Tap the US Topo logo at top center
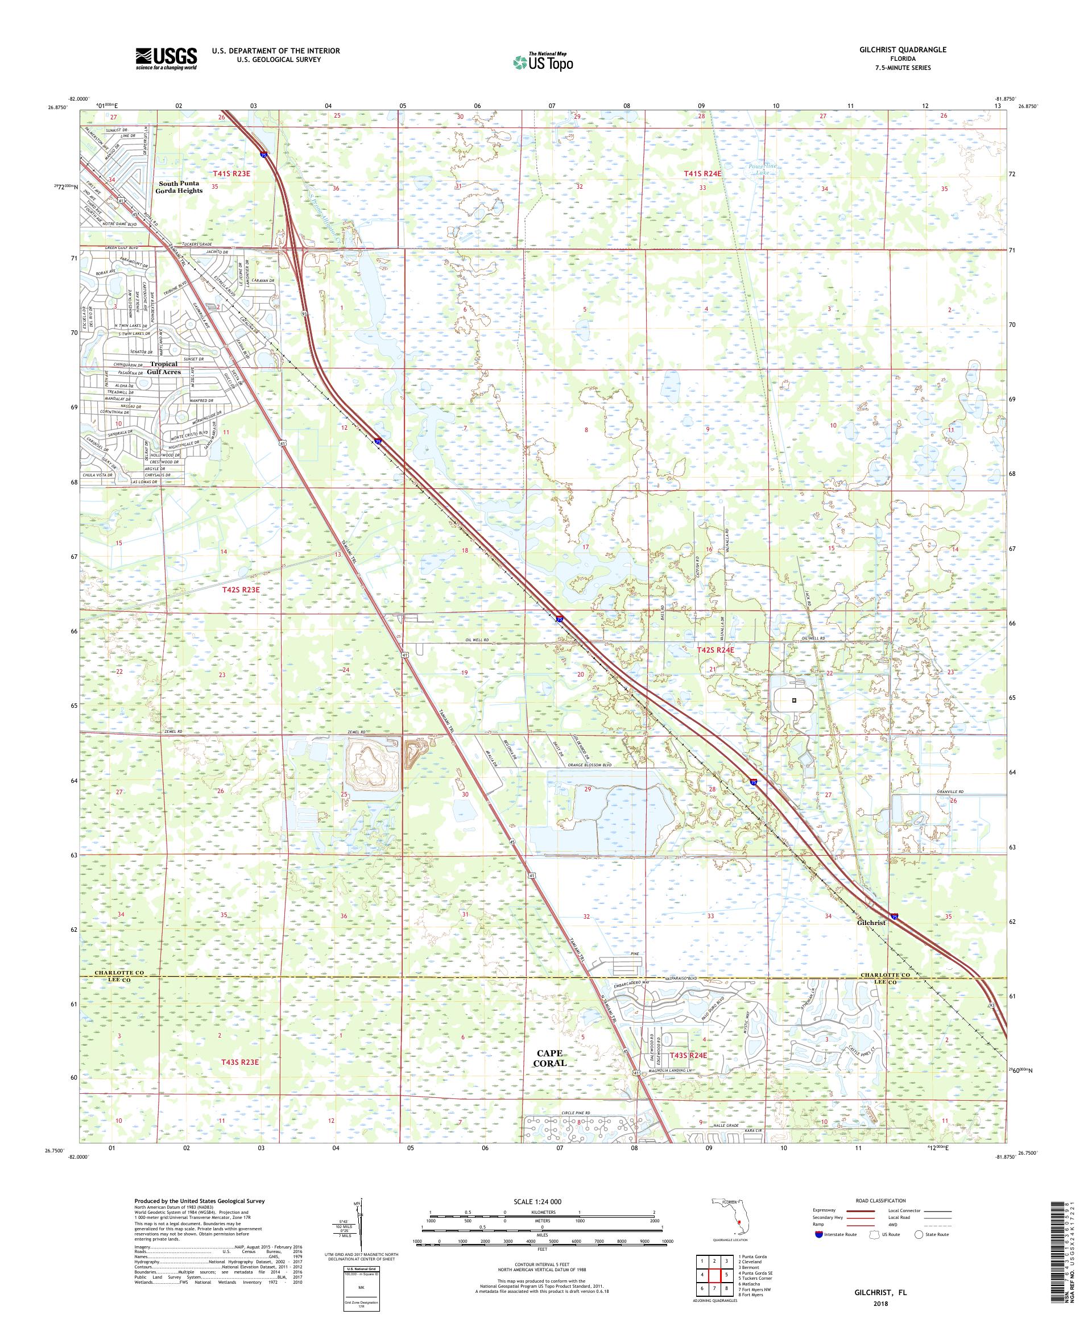tap(544, 61)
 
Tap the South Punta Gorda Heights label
tap(180, 186)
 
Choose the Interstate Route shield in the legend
tap(818, 1251)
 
